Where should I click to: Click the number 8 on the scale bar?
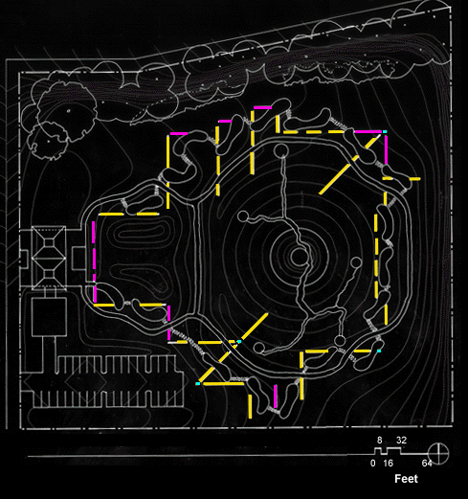[x=379, y=441]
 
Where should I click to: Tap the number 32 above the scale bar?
[x=401, y=441]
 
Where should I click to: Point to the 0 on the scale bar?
[x=373, y=464]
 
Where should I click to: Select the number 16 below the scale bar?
[x=388, y=464]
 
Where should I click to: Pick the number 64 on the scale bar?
[x=427, y=464]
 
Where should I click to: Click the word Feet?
[x=406, y=479]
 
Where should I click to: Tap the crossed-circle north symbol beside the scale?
[x=438, y=453]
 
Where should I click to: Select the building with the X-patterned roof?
[x=49, y=258]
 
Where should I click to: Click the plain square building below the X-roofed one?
[x=49, y=317]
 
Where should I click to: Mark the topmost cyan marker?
[x=385, y=131]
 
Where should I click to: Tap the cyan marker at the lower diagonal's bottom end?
[x=198, y=383]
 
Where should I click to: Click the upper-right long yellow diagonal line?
[x=350, y=165]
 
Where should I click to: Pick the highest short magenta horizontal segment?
[x=262, y=108]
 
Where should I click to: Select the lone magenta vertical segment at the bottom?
[x=276, y=397]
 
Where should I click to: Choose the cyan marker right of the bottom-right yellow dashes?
[x=379, y=351]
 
